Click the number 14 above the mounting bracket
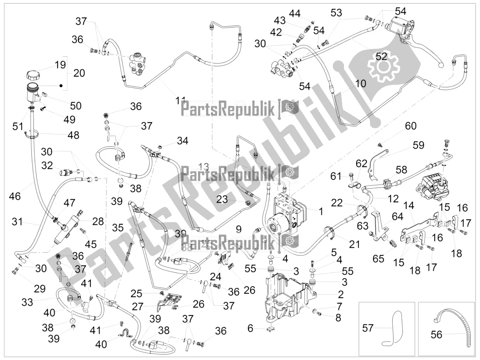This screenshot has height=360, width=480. click(x=408, y=206)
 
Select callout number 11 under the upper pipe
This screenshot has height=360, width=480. click(x=181, y=101)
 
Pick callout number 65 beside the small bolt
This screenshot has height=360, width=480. click(x=378, y=246)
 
